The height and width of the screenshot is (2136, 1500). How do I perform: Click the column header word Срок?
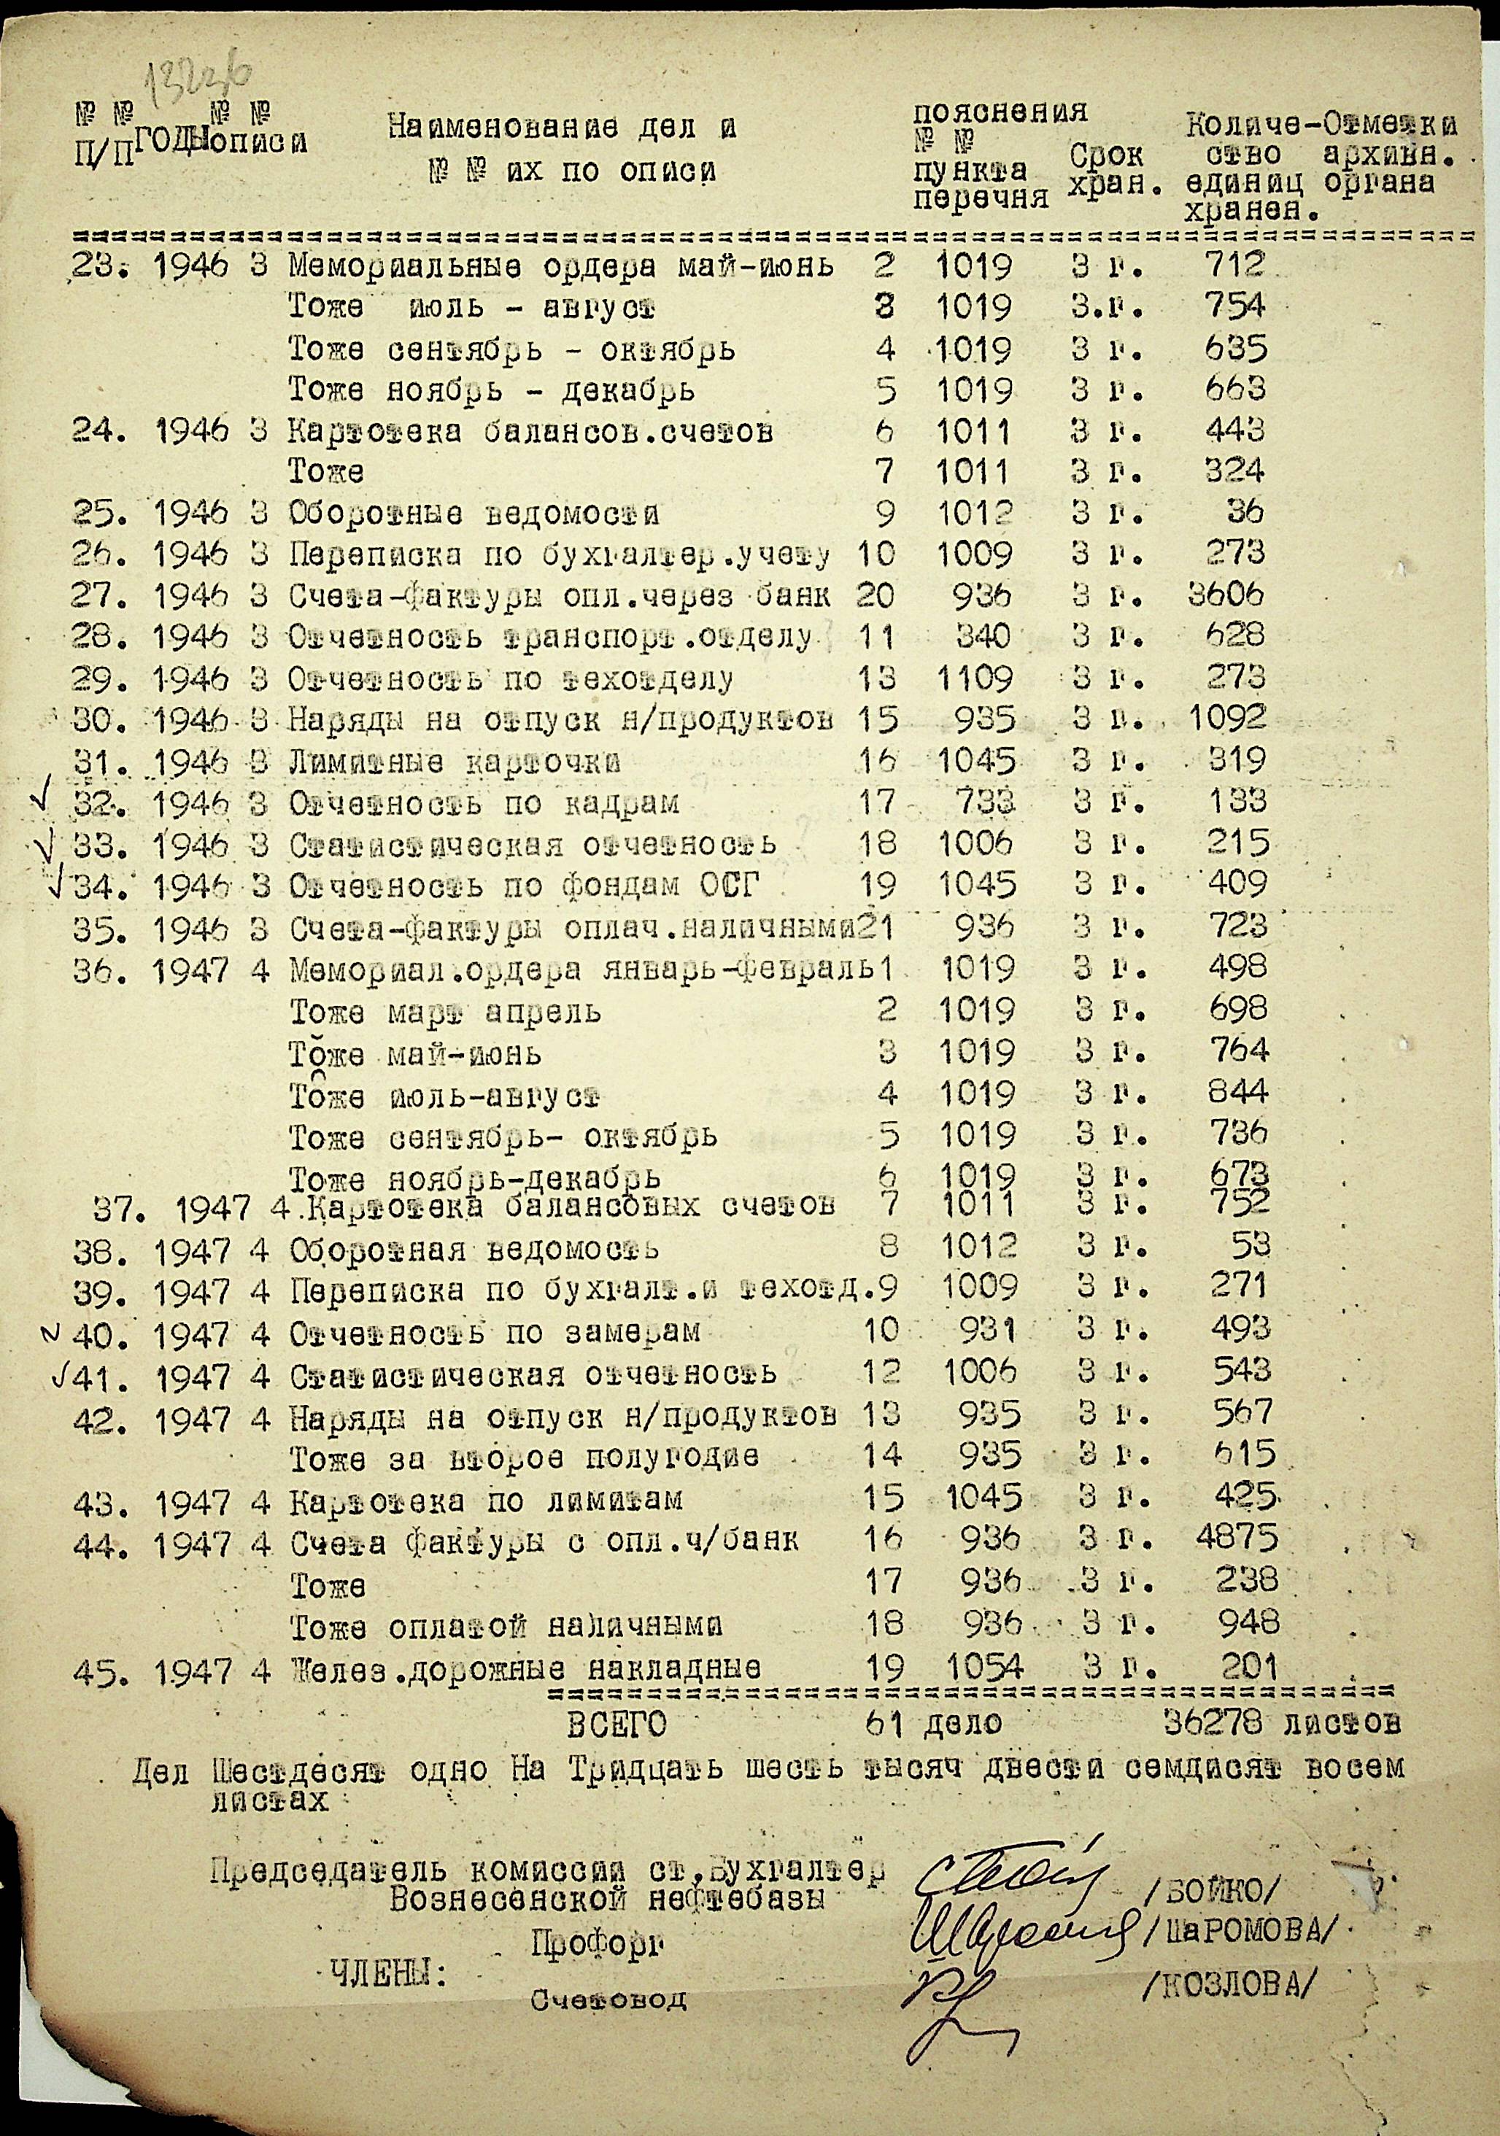(x=1106, y=153)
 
